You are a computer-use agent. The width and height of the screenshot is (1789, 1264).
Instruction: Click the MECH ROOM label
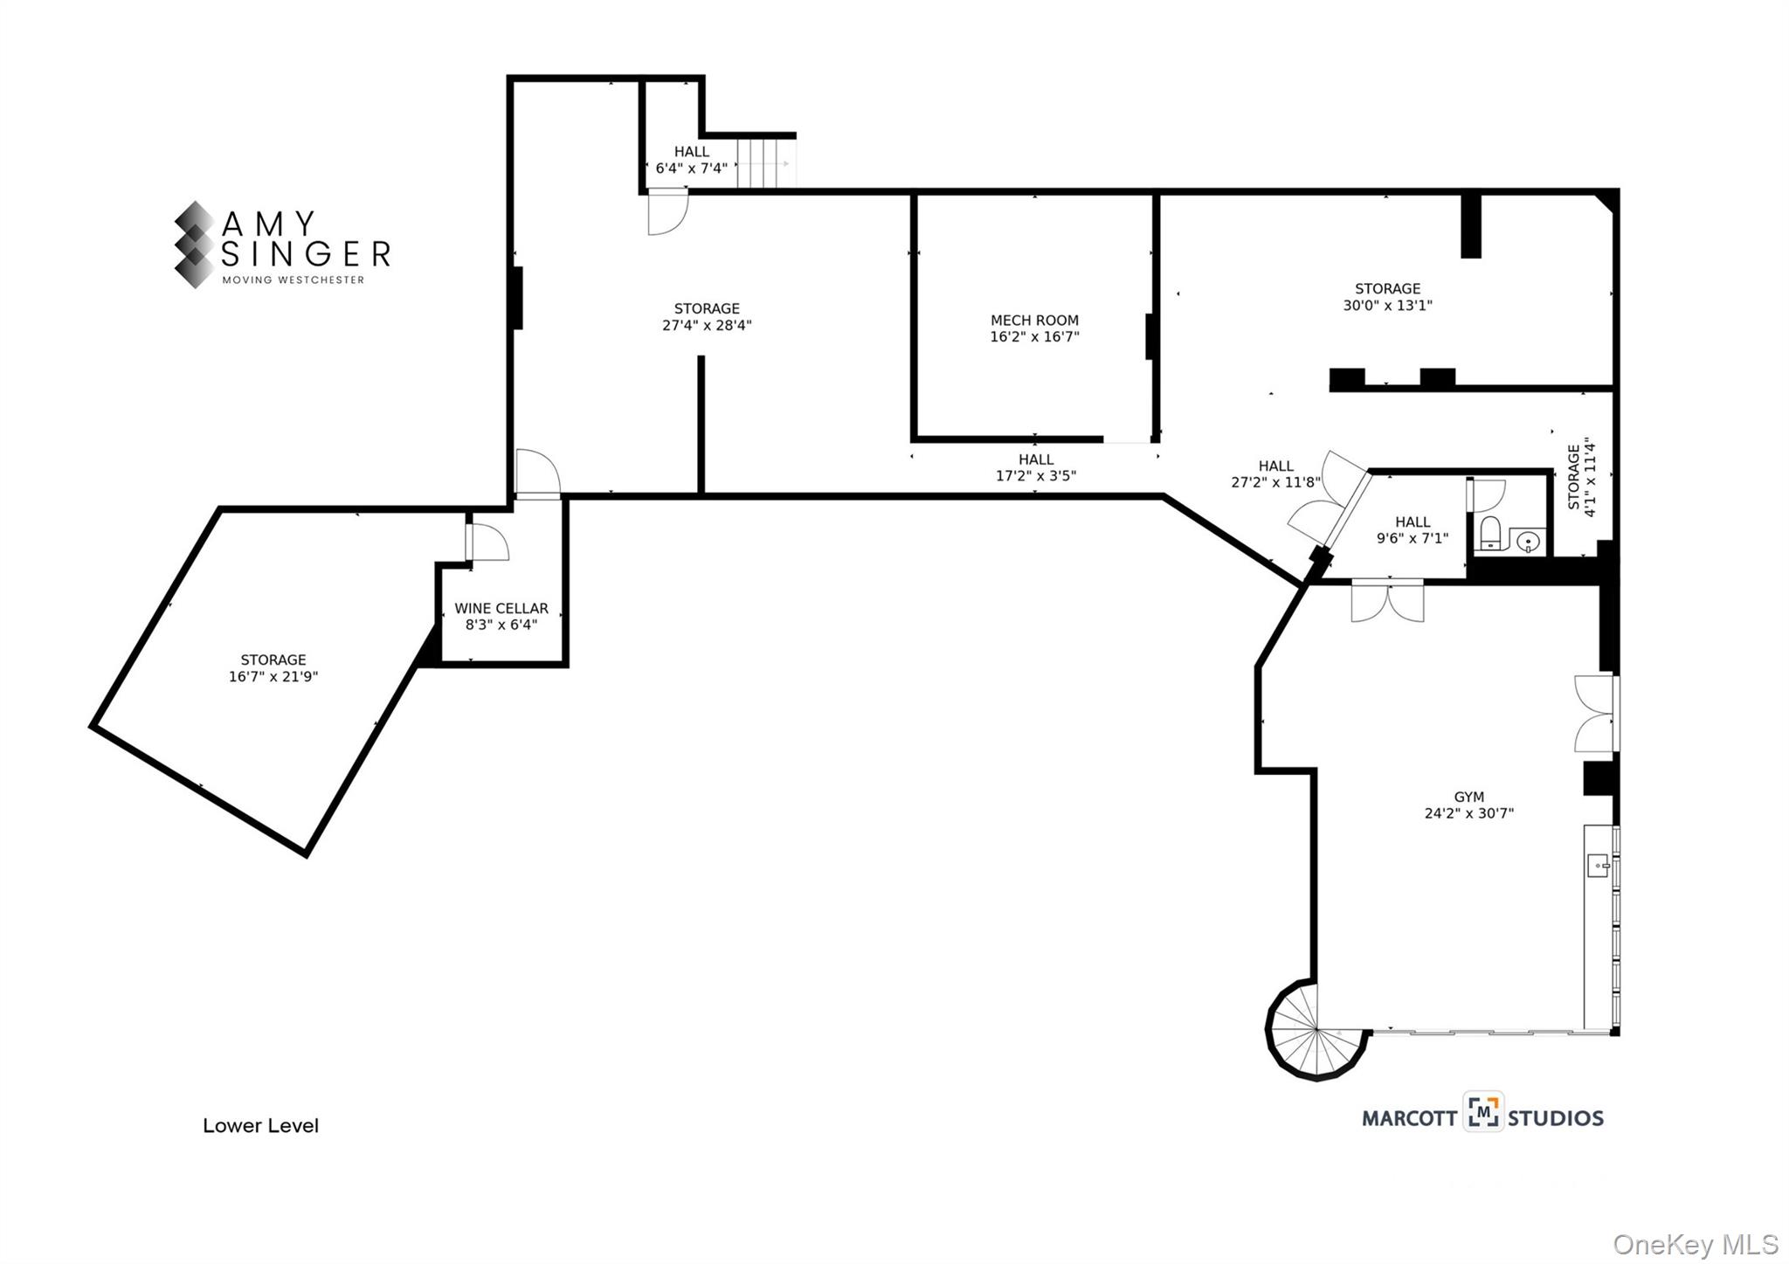[1034, 320]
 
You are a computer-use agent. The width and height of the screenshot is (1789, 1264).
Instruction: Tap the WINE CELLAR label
[501, 608]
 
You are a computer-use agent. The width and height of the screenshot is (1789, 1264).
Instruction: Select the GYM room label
[1468, 797]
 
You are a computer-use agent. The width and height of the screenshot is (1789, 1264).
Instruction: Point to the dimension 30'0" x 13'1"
[1387, 306]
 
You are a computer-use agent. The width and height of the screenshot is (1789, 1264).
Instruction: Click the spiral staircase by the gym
[1314, 1033]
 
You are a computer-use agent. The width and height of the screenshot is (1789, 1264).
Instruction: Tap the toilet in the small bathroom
[1490, 532]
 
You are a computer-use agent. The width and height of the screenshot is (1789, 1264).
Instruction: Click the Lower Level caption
[260, 1126]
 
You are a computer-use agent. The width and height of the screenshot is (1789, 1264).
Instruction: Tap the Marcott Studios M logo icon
[1483, 1112]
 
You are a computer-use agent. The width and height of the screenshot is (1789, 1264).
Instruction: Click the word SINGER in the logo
[306, 254]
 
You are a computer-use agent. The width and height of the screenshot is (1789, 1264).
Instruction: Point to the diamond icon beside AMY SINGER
[194, 245]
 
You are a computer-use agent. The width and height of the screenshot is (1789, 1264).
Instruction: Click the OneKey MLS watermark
[1695, 1244]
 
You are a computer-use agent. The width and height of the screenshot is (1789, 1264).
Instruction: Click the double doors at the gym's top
[1386, 602]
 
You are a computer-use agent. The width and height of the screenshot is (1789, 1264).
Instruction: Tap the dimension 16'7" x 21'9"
[273, 677]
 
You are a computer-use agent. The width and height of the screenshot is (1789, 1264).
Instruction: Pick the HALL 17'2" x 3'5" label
[1036, 467]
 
